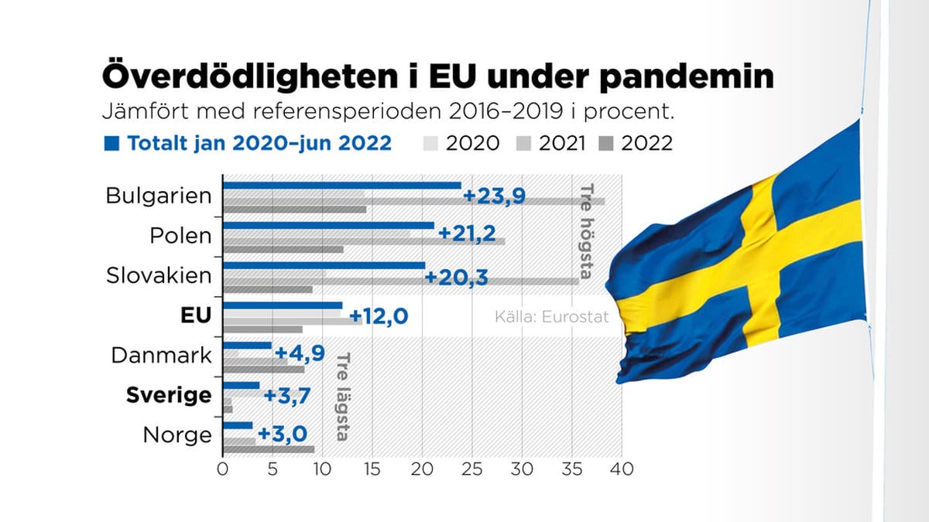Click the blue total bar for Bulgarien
(341, 186)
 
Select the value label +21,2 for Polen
(467, 234)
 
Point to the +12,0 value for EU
(379, 316)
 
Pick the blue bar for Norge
(238, 425)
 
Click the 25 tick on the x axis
(472, 469)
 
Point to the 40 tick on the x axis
(622, 469)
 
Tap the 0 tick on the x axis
(223, 469)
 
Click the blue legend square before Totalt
(111, 143)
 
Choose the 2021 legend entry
(554, 143)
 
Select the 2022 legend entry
(636, 143)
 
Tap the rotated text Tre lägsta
(341, 397)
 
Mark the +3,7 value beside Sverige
(288, 395)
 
